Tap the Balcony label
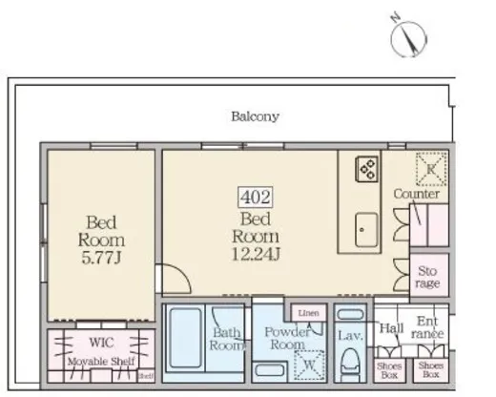(x=255, y=117)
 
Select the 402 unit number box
(x=256, y=198)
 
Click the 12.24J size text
(x=256, y=253)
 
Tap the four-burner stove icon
(x=367, y=170)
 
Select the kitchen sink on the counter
(x=365, y=229)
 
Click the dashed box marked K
(x=430, y=169)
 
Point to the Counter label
(x=417, y=194)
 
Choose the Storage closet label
(x=427, y=277)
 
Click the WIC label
(x=101, y=341)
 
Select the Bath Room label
(x=226, y=340)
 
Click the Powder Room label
(x=288, y=340)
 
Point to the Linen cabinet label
(x=307, y=313)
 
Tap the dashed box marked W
(x=309, y=363)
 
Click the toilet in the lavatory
(x=350, y=363)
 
